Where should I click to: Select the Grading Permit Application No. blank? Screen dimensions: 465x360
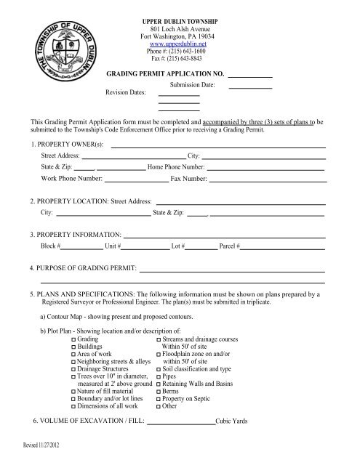pos(250,75)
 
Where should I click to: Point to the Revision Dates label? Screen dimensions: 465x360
pos(126,93)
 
